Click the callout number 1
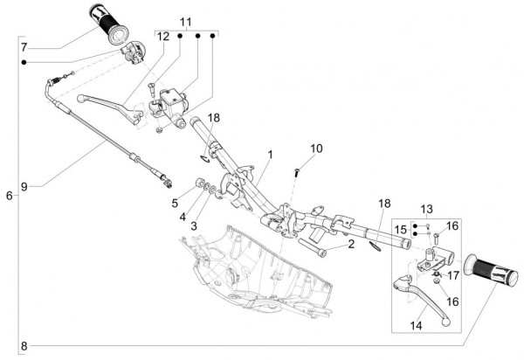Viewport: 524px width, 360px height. pyautogui.click(x=271, y=155)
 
